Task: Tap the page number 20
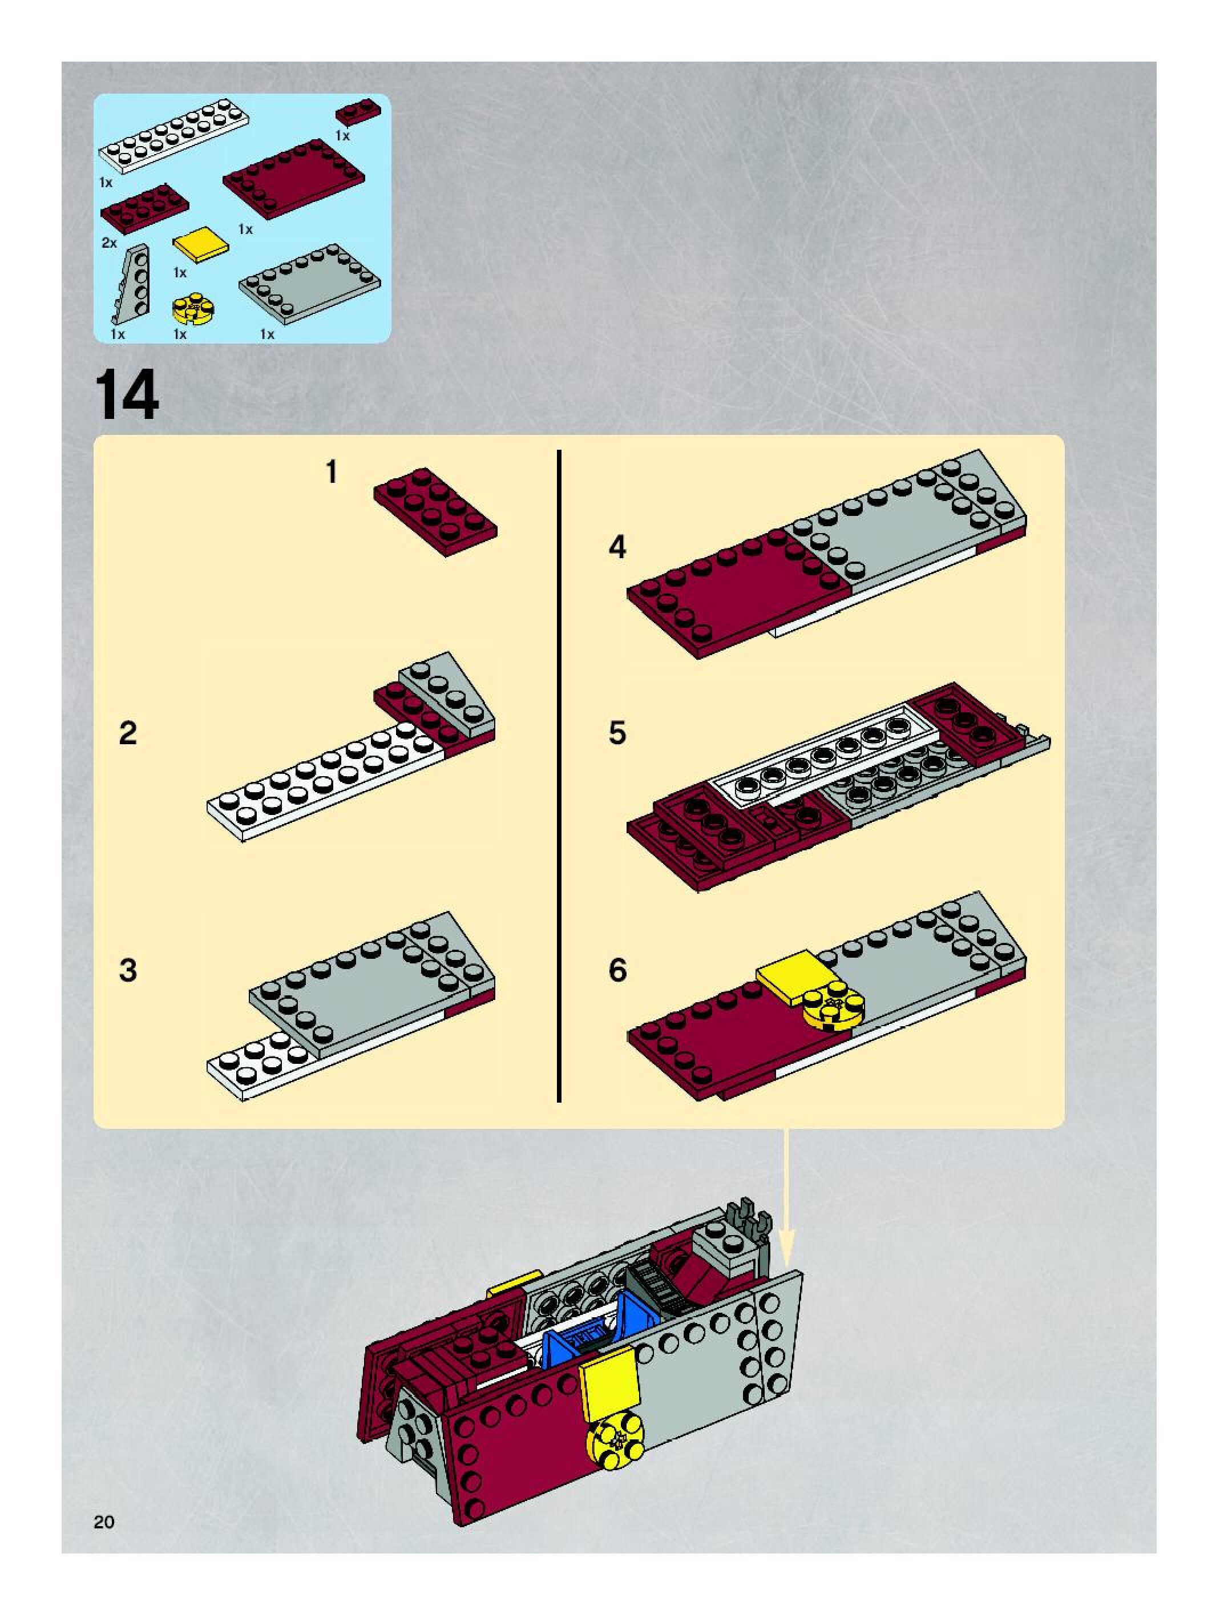click(104, 1522)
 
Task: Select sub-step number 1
click(332, 471)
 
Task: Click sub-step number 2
click(128, 733)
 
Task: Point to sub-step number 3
click(128, 970)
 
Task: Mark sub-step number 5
click(617, 733)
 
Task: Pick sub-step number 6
click(617, 970)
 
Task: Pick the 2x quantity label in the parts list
click(108, 243)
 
